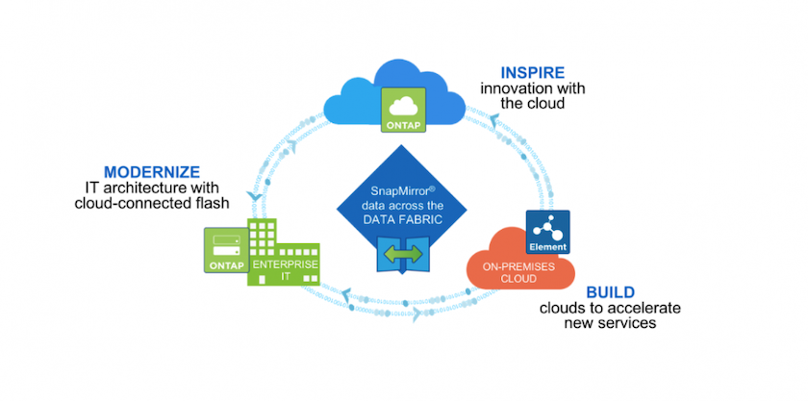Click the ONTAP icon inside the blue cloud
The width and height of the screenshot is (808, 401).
(x=402, y=110)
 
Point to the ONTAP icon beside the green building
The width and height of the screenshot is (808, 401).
(x=224, y=253)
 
